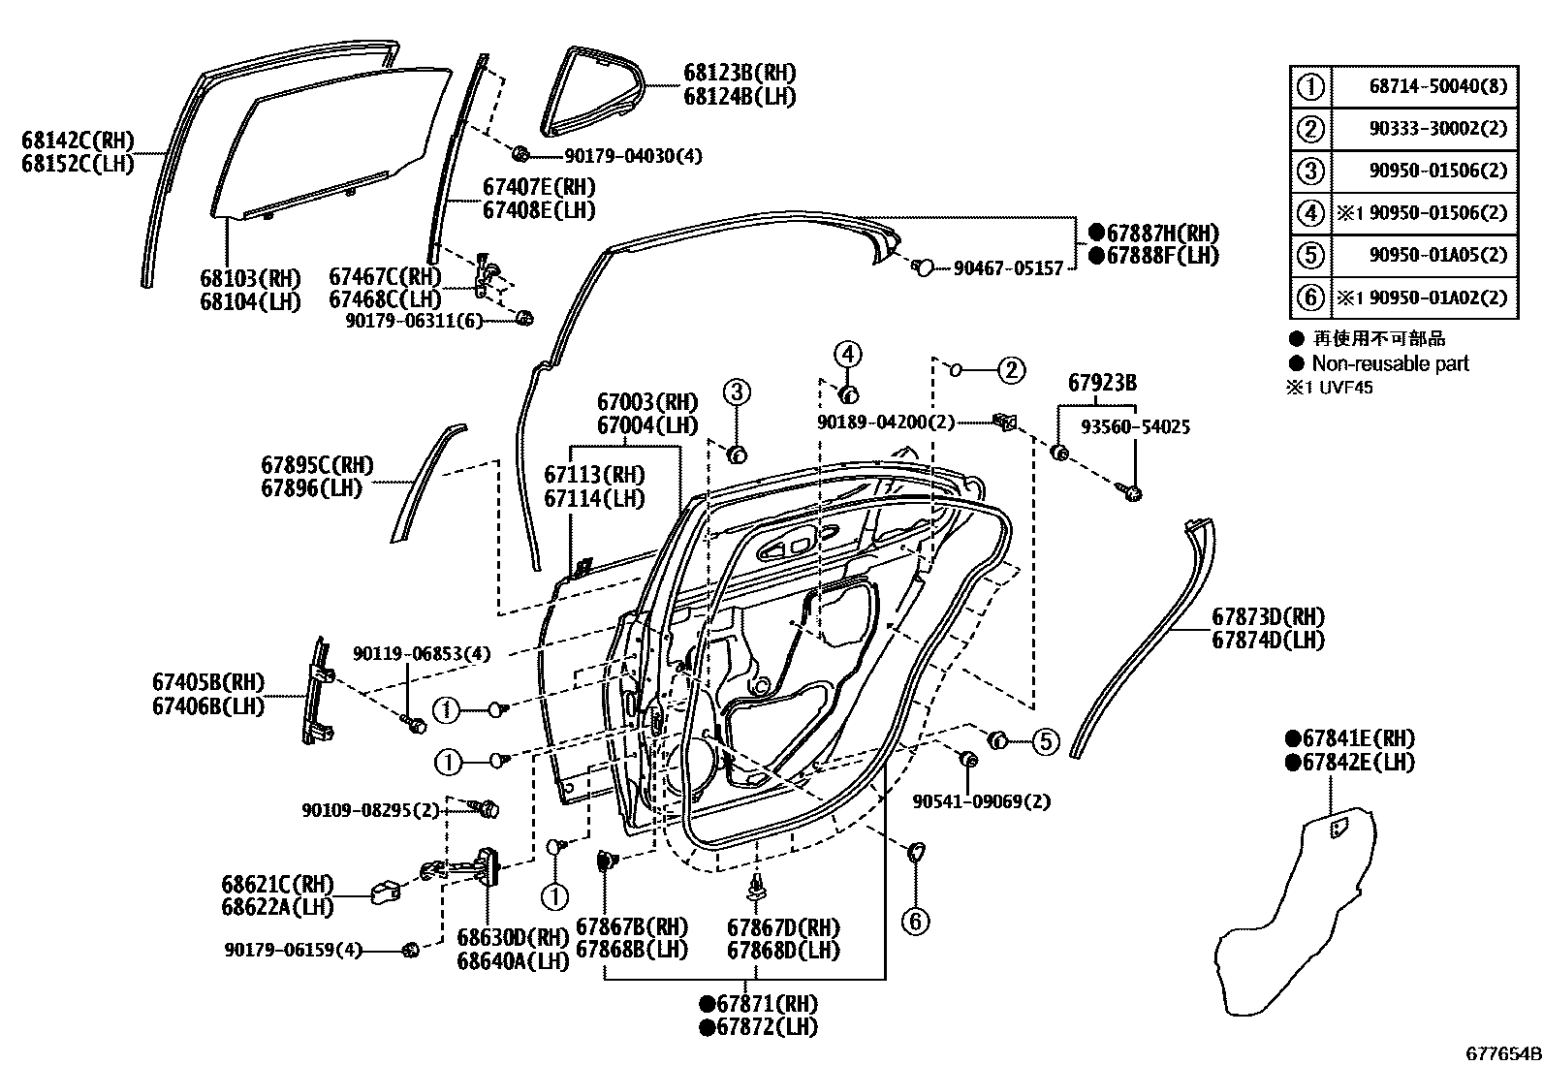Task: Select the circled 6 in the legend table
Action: [1310, 298]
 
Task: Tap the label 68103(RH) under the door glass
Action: [250, 279]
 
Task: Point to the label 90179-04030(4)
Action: [634, 155]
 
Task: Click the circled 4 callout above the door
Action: [847, 355]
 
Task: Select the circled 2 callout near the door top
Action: [1011, 369]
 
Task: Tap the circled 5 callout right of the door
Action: [1045, 742]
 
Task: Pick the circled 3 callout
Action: [737, 392]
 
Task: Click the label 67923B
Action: [1103, 383]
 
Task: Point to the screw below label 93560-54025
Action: [1132, 493]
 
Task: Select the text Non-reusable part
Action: [1390, 363]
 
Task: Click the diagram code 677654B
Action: [1502, 1053]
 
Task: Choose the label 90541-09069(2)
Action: [982, 801]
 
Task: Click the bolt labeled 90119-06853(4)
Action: [416, 724]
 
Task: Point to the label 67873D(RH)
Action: [1268, 617]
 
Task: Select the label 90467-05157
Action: [1008, 266]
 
